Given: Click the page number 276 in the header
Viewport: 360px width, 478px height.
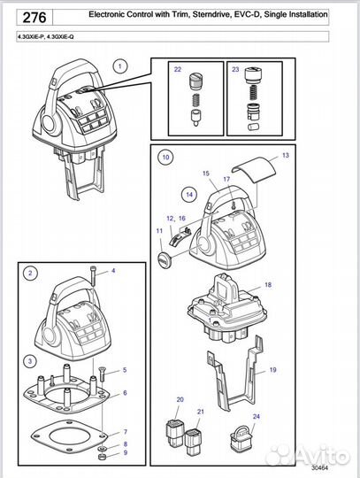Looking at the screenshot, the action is [34, 18].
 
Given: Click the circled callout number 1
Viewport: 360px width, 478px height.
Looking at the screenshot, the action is [120, 66].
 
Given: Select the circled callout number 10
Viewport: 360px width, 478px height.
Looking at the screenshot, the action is [165, 158].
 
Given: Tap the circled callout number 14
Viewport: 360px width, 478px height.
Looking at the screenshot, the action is [189, 195].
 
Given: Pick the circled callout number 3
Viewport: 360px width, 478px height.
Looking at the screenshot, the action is [30, 361].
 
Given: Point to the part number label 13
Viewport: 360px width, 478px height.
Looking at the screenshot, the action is [286, 156].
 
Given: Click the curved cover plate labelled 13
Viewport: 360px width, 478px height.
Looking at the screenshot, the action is [255, 169].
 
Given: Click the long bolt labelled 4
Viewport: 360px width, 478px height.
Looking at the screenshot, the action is [93, 275].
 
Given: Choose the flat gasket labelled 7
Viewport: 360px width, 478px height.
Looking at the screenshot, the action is [70, 436].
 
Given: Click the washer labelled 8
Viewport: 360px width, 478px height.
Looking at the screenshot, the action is [102, 449].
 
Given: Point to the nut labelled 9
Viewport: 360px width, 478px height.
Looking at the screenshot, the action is [102, 457].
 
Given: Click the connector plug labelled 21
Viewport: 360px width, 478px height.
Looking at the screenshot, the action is [193, 440].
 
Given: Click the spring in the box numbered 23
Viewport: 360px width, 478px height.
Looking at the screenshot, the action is [253, 93].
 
